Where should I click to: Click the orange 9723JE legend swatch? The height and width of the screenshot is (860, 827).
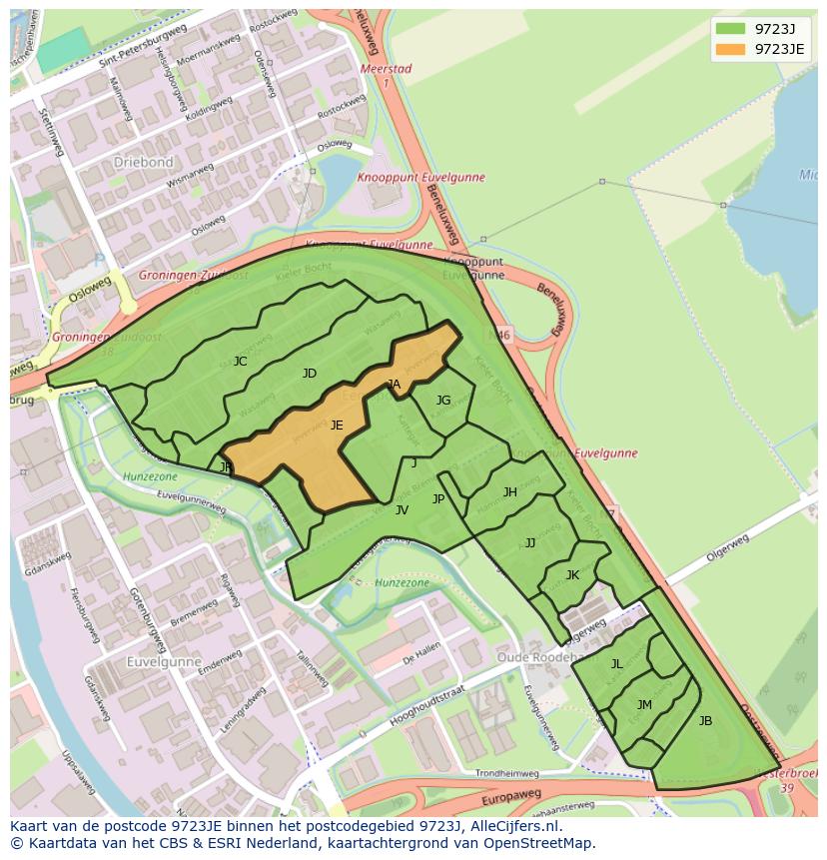click(730, 49)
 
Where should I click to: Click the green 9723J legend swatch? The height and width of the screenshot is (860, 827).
click(730, 28)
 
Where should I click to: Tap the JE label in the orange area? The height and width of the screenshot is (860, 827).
click(337, 426)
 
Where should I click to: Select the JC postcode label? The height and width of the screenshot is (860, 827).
click(240, 362)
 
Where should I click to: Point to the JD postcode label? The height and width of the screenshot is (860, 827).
click(310, 374)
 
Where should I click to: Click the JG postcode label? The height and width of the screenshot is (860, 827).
click(443, 401)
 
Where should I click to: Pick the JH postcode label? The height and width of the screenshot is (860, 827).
click(509, 492)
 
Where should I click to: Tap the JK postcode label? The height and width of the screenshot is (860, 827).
click(572, 575)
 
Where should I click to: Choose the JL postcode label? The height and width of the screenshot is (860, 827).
click(616, 664)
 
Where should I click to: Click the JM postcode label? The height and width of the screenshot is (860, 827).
click(644, 705)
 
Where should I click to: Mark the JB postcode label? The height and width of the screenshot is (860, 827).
click(705, 721)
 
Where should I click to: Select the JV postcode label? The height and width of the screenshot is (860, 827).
click(402, 510)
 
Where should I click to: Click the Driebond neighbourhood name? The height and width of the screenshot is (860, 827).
click(143, 162)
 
